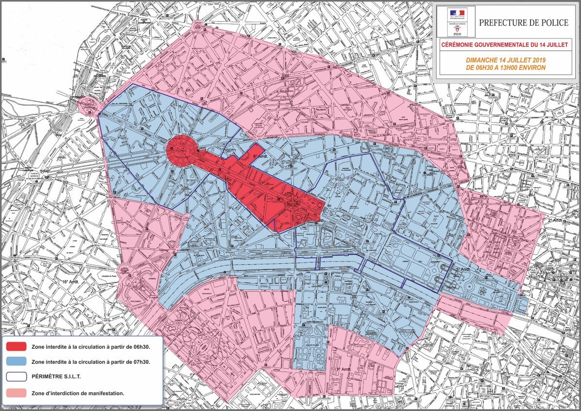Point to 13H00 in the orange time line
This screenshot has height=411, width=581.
tap(515, 67)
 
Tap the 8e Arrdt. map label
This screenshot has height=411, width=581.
tap(261, 156)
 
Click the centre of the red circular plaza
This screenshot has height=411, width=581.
tap(181, 150)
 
